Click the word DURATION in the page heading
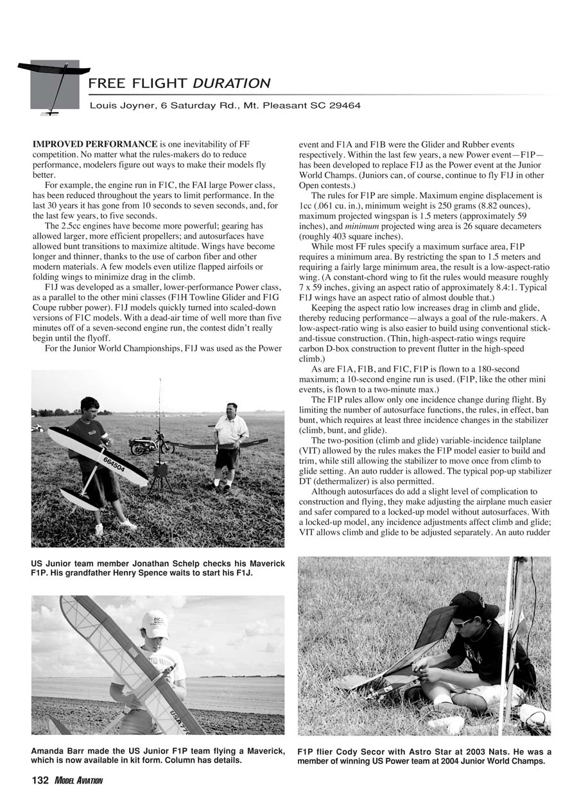pyautogui.click(x=231, y=83)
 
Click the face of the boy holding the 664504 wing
pyautogui.click(x=91, y=409)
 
